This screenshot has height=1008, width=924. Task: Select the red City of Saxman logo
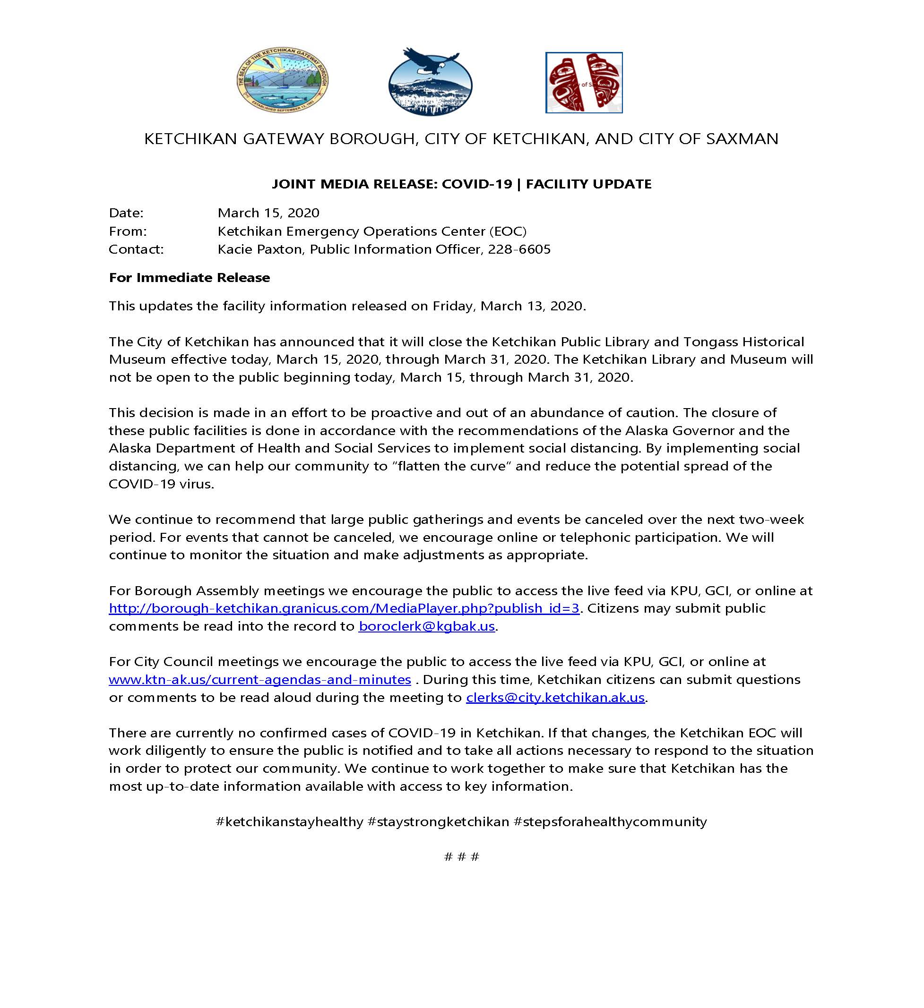pyautogui.click(x=584, y=83)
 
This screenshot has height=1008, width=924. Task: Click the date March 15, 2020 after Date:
pyautogui.click(x=268, y=213)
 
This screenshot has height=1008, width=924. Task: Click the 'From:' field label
pyautogui.click(x=128, y=231)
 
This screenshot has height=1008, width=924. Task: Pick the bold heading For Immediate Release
pyautogui.click(x=189, y=277)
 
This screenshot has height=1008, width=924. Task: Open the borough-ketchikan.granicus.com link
pyautogui.click(x=344, y=608)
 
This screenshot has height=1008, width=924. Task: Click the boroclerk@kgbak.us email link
pyautogui.click(x=426, y=626)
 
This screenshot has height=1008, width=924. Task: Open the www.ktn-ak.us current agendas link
pyautogui.click(x=259, y=680)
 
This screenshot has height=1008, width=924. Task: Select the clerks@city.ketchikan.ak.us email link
pyautogui.click(x=555, y=697)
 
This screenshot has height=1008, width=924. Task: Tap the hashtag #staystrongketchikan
pyautogui.click(x=438, y=821)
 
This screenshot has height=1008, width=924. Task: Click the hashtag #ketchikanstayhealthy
pyautogui.click(x=289, y=821)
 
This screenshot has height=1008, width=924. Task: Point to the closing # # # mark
pyautogui.click(x=461, y=857)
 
